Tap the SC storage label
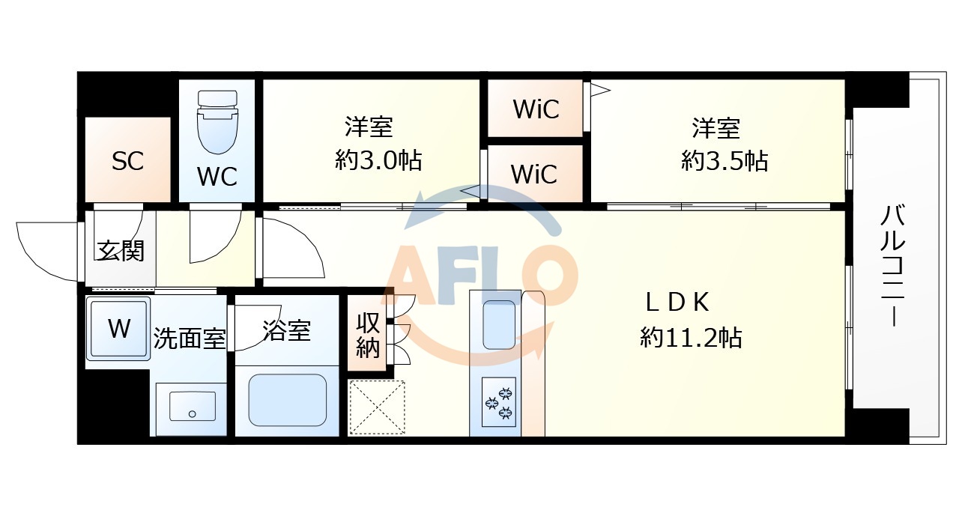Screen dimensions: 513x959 click(x=127, y=161)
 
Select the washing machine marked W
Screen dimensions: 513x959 click(x=118, y=328)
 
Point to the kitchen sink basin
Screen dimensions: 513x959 click(x=500, y=324)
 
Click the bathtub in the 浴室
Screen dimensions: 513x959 click(x=287, y=400)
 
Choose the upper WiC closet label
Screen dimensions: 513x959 click(x=536, y=109)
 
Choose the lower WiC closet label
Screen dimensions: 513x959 click(x=534, y=174)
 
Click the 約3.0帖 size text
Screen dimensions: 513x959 click(x=378, y=160)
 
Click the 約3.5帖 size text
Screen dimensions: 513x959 click(x=724, y=160)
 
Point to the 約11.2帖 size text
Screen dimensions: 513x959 click(x=691, y=338)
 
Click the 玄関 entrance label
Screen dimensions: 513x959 click(x=120, y=251)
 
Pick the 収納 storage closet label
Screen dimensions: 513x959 click(x=367, y=335)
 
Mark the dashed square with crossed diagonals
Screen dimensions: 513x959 click(x=377, y=407)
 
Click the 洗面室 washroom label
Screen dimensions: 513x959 click(x=189, y=339)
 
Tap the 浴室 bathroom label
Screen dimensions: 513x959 click(x=287, y=330)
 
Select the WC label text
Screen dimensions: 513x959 click(x=217, y=177)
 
